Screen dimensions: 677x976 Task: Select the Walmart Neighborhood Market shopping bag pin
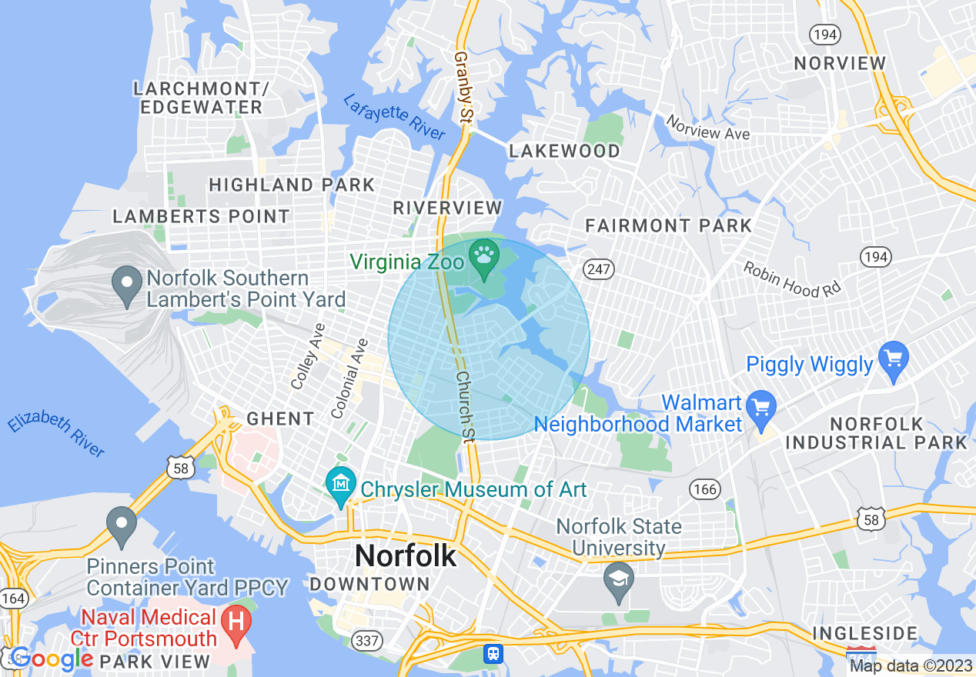tap(761, 409)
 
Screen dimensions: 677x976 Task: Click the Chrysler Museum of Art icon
tap(340, 485)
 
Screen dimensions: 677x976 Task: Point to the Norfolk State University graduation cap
tap(618, 583)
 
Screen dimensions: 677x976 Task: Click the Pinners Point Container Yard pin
tap(121, 525)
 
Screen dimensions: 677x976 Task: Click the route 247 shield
tap(597, 269)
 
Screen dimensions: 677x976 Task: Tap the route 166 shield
tap(704, 490)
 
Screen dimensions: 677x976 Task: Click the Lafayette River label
tap(394, 117)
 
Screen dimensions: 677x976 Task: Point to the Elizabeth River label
tap(55, 435)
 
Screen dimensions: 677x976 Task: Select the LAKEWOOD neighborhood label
tap(565, 151)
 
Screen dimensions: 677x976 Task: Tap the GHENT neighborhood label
tap(280, 419)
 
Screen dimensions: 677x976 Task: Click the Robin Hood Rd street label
tap(793, 279)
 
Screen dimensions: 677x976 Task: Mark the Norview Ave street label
tap(707, 128)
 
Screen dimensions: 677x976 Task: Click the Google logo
tap(51, 659)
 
